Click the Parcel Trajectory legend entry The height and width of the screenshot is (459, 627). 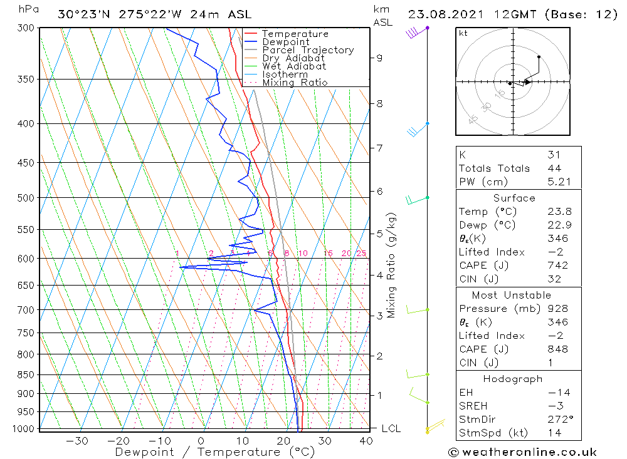click(x=308, y=50)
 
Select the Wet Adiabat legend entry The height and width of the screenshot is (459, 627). click(x=294, y=66)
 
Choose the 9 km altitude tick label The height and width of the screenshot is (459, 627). click(x=379, y=58)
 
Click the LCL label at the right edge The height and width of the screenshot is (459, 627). click(x=391, y=429)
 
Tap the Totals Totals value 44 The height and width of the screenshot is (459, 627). click(x=554, y=168)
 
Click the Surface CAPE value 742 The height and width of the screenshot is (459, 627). click(x=557, y=266)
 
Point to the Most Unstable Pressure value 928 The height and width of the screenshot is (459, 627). click(x=557, y=309)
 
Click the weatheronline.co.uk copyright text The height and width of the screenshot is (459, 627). click(x=522, y=452)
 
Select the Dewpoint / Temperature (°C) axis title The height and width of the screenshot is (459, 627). click(x=215, y=452)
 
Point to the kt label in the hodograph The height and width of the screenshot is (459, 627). click(x=463, y=33)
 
